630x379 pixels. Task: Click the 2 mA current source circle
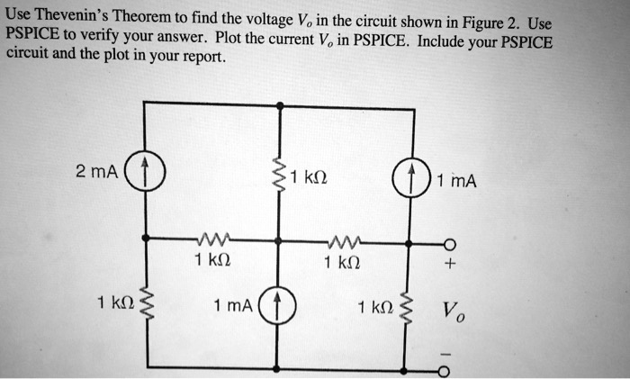click(144, 172)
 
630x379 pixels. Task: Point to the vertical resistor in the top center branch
click(280, 176)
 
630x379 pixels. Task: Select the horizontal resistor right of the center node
click(346, 241)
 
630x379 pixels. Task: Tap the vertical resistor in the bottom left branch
click(144, 304)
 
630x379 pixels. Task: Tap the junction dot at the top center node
click(280, 105)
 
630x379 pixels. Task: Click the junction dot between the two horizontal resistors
click(280, 241)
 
